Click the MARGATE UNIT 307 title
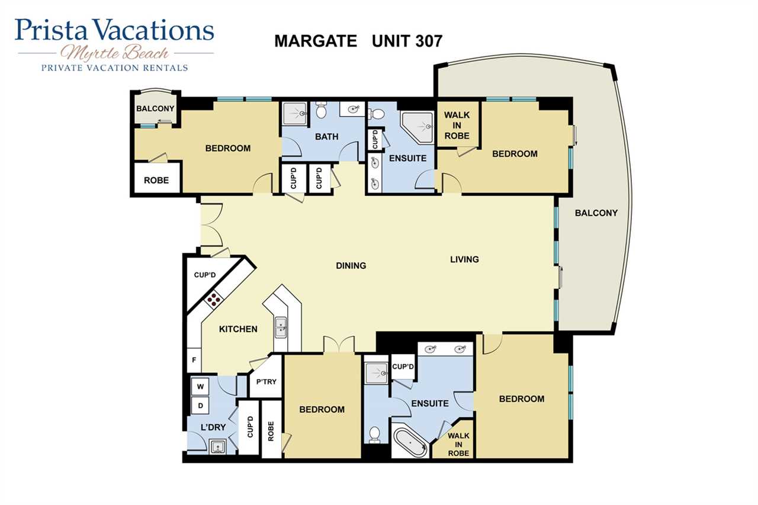[358, 41]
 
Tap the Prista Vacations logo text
[114, 30]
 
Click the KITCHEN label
[238, 329]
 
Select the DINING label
[351, 266]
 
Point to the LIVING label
[464, 259]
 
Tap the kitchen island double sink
[281, 327]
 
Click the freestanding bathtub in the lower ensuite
[410, 442]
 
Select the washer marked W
[200, 387]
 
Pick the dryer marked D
[200, 406]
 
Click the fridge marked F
[194, 360]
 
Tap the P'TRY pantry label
[266, 382]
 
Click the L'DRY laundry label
[213, 427]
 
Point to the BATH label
[326, 137]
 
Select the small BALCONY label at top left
[155, 108]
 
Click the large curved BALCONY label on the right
[596, 213]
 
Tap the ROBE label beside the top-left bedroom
[156, 181]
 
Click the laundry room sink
[217, 446]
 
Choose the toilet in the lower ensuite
[375, 435]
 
